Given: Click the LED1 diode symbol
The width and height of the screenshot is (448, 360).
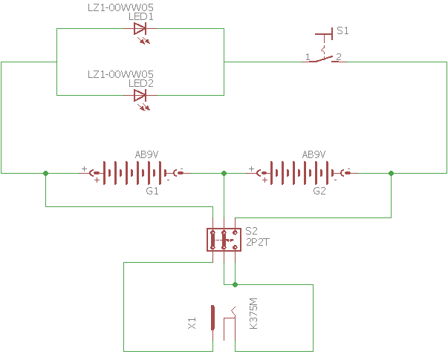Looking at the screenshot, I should [140, 29].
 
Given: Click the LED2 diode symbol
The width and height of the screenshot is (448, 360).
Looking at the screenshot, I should [140, 95].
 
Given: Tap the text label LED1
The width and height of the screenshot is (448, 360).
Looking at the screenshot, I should [141, 16].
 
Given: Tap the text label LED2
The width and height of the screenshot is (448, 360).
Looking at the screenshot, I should [141, 83].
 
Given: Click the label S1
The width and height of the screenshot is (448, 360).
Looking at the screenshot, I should [343, 31].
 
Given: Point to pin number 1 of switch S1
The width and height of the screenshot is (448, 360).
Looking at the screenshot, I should [308, 57].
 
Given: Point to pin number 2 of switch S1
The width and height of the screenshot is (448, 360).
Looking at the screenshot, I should [338, 57].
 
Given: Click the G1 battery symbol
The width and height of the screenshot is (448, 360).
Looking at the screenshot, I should [137, 174].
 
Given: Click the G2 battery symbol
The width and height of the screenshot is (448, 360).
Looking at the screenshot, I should [304, 174].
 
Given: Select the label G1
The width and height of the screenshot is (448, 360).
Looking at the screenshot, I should [152, 192].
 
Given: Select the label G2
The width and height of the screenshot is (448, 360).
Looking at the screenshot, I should [319, 192].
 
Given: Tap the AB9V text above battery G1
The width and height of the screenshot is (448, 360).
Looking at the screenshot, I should [146, 154].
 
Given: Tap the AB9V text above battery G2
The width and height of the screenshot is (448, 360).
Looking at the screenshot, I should [314, 154].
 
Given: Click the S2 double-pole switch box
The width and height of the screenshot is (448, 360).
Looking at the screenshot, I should [224, 240].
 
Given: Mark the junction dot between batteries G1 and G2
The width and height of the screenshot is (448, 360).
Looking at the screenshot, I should [224, 173].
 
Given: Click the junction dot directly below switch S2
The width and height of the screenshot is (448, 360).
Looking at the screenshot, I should [235, 284].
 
